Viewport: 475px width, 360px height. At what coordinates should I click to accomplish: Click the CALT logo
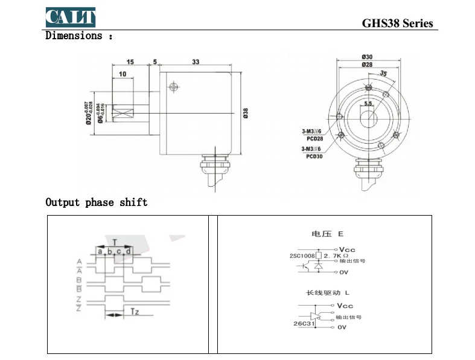(70, 18)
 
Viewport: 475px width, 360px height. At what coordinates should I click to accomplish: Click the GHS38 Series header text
(397, 24)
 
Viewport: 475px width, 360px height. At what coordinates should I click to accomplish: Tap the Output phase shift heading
(97, 202)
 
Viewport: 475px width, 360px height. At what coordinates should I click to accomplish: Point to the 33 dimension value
(196, 62)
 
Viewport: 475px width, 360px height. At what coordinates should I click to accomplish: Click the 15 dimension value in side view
(130, 62)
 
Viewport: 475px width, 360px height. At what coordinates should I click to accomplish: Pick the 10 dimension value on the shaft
(123, 74)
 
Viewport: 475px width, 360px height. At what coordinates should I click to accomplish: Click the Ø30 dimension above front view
(367, 57)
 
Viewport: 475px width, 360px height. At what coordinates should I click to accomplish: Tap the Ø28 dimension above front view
(367, 64)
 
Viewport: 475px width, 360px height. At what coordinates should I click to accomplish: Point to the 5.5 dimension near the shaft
(368, 104)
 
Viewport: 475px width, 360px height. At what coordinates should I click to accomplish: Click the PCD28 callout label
(314, 138)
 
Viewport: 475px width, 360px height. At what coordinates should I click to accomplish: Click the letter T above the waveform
(115, 242)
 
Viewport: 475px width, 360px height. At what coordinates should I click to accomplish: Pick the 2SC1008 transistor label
(302, 256)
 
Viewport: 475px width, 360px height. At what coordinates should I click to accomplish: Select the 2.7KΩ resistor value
(337, 256)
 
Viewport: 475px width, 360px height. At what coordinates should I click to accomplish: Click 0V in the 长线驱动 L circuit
(342, 327)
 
